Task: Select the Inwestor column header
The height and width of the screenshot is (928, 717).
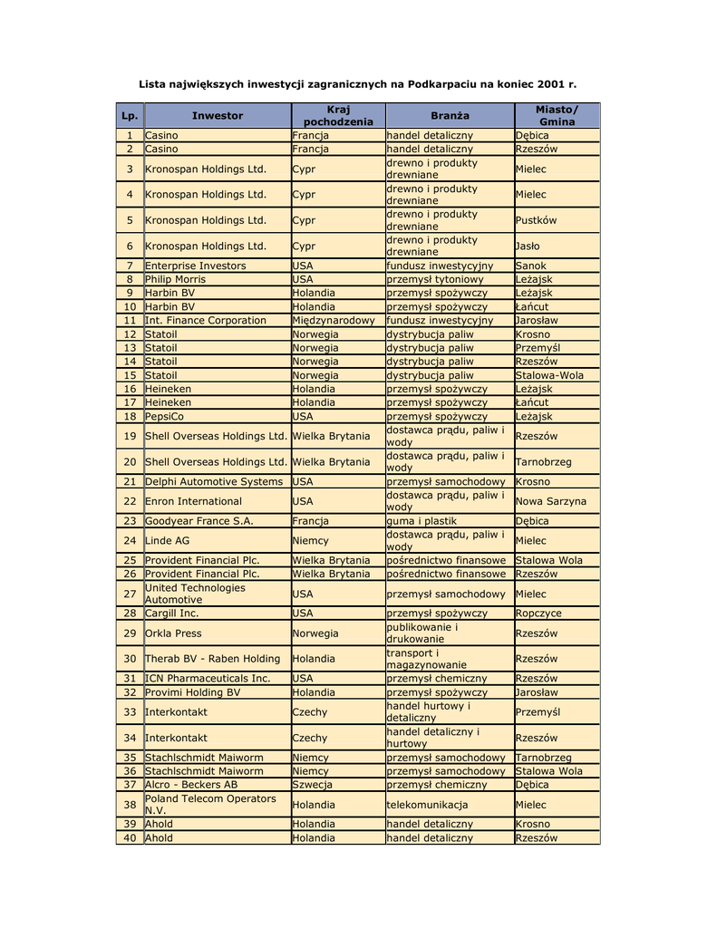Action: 218,115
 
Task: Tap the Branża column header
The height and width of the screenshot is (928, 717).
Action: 450,115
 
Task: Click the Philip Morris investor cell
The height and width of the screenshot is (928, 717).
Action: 176,279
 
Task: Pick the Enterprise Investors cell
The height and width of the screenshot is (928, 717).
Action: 196,266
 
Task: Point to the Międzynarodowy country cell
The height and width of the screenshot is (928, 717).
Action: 334,320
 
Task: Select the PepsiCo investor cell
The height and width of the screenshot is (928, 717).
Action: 165,416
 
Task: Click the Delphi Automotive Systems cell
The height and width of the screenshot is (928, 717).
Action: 214,481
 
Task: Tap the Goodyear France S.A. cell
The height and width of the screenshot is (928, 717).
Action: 199,521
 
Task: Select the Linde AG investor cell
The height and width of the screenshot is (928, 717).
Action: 168,540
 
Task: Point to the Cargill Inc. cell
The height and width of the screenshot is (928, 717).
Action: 172,613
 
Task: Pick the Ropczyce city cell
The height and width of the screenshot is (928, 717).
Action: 538,613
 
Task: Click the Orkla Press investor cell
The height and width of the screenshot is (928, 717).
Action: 174,633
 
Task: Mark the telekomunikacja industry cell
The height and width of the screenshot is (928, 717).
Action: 428,804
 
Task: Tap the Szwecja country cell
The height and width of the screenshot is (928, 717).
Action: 313,784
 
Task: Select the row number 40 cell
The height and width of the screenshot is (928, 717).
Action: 130,837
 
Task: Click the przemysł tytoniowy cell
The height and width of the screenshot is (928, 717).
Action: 435,279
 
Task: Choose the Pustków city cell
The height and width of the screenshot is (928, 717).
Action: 536,220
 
